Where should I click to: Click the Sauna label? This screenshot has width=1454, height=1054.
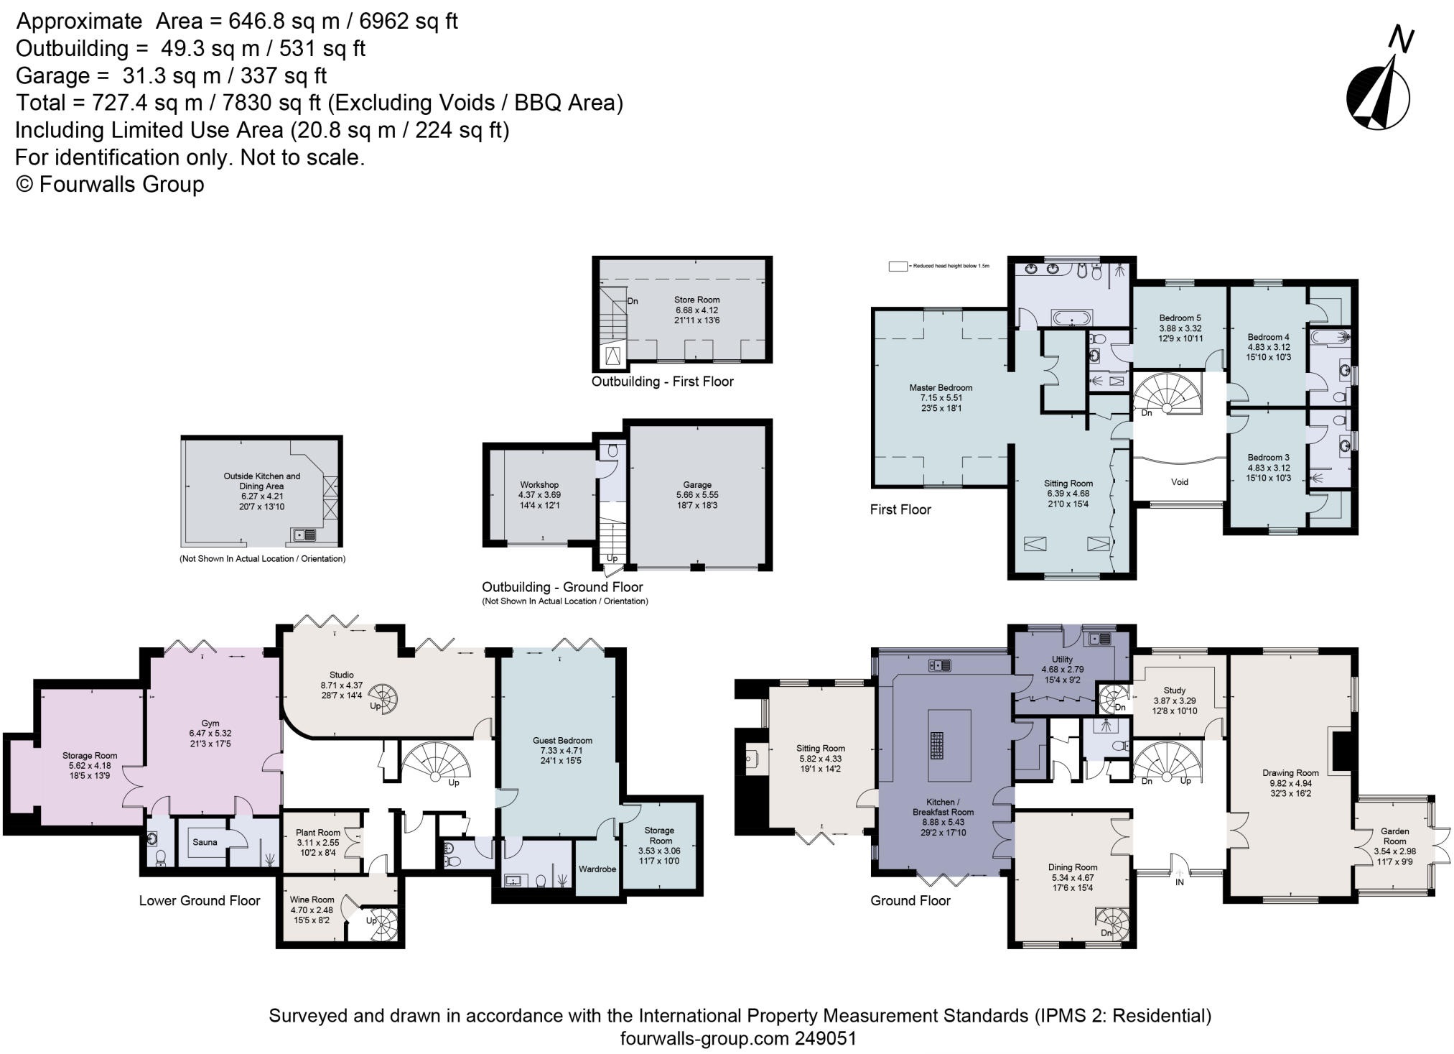(205, 842)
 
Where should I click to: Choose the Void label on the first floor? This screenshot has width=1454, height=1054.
(1180, 482)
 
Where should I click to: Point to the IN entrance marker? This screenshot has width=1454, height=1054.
(1179, 882)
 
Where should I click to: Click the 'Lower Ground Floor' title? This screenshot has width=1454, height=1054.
(200, 901)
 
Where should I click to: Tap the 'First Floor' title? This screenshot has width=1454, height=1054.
(900, 509)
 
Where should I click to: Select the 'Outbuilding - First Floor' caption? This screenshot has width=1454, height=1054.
(662, 382)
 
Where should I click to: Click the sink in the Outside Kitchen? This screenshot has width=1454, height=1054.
(304, 535)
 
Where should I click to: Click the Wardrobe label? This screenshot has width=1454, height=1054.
(597, 869)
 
